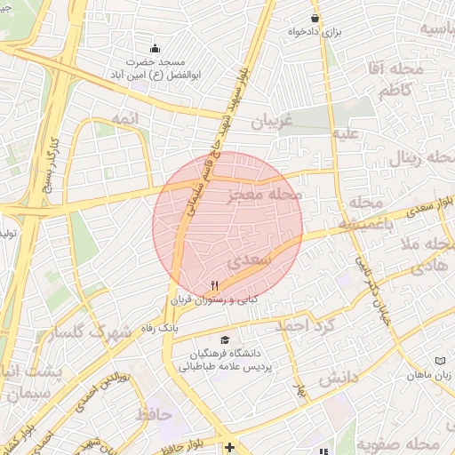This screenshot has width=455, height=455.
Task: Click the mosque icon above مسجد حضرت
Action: tap(156, 48)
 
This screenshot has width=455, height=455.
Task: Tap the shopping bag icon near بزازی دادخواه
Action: tap(315, 18)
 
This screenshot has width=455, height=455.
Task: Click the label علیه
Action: tap(346, 134)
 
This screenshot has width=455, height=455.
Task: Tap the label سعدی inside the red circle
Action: tap(247, 263)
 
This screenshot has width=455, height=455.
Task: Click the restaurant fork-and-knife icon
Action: tap(213, 284)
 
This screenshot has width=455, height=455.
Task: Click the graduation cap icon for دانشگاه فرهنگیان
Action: tap(225, 340)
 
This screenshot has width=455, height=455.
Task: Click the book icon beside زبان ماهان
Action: tap(439, 360)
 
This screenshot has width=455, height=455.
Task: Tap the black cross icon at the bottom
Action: tap(230, 446)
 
